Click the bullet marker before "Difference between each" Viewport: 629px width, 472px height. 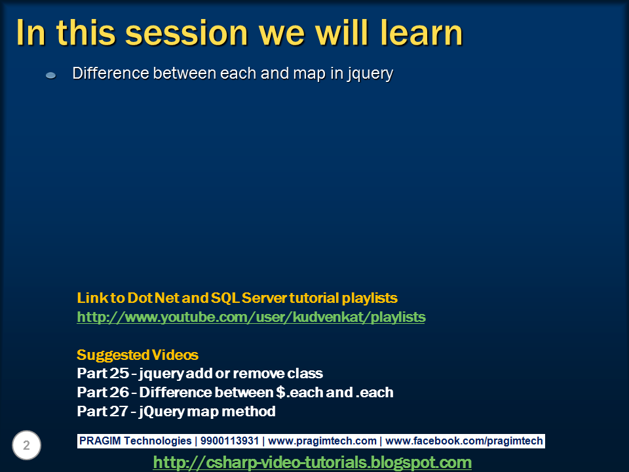pyautogui.click(x=50, y=75)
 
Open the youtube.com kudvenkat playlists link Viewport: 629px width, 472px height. pyautogui.click(x=251, y=317)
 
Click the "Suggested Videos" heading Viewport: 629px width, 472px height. pyautogui.click(x=138, y=355)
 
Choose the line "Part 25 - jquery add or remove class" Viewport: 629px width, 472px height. pyautogui.click(x=200, y=374)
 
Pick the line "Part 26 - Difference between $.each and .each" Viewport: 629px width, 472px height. pyautogui.click(x=235, y=393)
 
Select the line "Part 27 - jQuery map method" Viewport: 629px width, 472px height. pyautogui.click(x=176, y=412)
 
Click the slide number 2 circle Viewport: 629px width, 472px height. pyautogui.click(x=27, y=446)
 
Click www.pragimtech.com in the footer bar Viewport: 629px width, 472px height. pyautogui.click(x=322, y=441)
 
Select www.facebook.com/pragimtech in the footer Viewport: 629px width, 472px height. pyautogui.click(x=463, y=441)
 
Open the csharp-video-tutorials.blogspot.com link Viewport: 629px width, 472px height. pyautogui.click(x=312, y=462)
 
